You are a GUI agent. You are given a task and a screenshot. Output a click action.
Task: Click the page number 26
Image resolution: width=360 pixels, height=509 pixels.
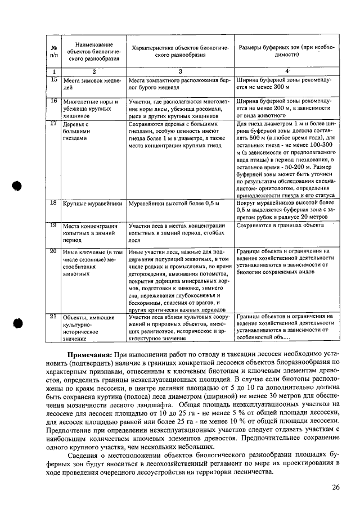point(335,487)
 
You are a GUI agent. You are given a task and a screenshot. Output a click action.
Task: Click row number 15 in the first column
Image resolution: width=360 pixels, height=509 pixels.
point(54,80)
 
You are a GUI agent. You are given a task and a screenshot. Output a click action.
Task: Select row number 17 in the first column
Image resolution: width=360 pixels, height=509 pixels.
point(54,123)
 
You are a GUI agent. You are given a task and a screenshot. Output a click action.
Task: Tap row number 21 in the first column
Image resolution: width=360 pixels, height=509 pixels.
point(54,317)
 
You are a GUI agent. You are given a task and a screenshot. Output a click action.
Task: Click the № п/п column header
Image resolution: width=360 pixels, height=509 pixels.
point(54,51)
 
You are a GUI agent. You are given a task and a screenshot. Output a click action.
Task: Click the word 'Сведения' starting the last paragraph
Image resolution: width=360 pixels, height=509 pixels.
point(85,453)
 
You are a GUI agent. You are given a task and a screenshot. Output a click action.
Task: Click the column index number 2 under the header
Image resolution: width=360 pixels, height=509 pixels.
point(94,71)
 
